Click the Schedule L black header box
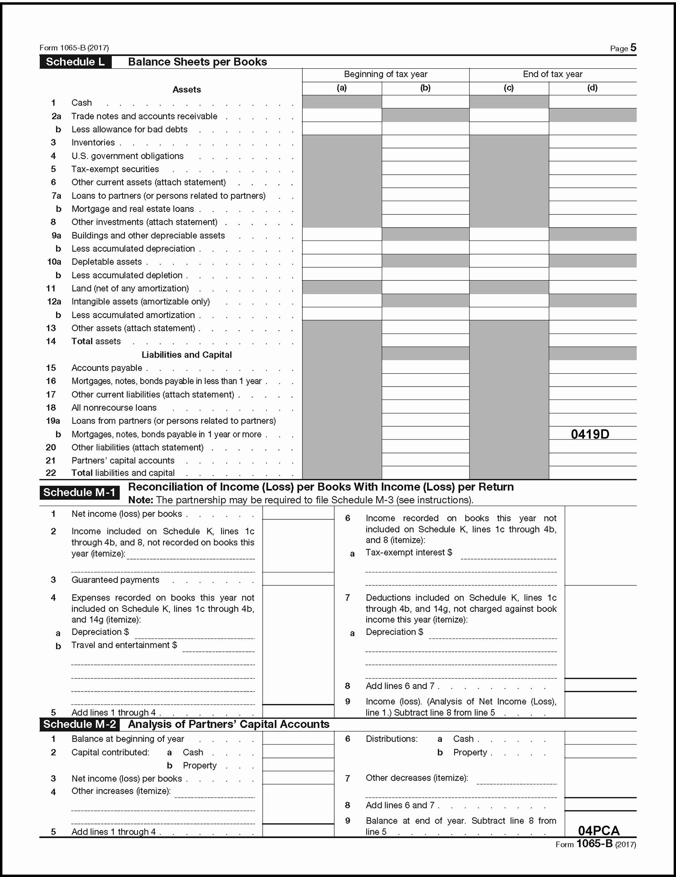75,62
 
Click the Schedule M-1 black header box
79,492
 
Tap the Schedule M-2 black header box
79,724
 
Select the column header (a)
341,88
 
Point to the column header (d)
592,88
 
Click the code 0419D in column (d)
590,434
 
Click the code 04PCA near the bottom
598,830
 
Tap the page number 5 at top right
633,48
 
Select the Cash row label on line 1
82,103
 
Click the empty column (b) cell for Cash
425,102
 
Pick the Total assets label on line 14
96,341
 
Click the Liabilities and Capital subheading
186,355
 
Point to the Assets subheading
186,89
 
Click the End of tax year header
552,74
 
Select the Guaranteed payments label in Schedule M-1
115,580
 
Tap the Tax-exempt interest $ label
408,552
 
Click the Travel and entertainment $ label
124,645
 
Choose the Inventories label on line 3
93,142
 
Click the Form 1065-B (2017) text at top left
74,48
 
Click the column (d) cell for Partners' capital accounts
592,460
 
